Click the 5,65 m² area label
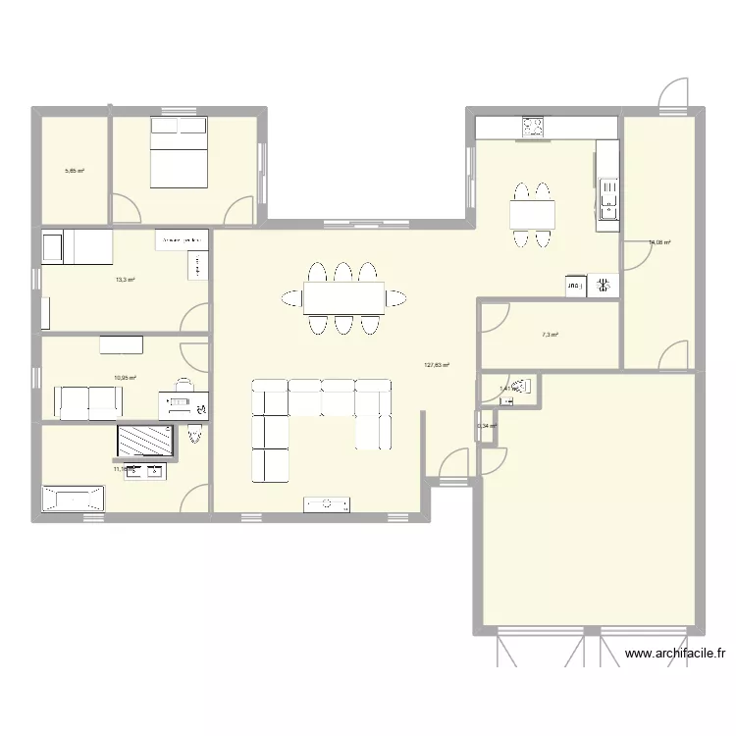[x=75, y=171]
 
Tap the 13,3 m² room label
[x=125, y=280]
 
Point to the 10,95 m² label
[x=125, y=377]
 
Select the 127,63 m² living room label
[x=437, y=365]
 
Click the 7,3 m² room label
[x=550, y=335]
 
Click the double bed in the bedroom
[x=179, y=152]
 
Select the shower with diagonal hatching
[x=146, y=442]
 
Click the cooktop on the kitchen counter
[x=533, y=127]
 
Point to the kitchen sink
[x=608, y=196]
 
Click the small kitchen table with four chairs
[x=531, y=213]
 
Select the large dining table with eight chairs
[x=342, y=297]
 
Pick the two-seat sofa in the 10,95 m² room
[x=87, y=400]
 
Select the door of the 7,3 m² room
[x=495, y=316]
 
